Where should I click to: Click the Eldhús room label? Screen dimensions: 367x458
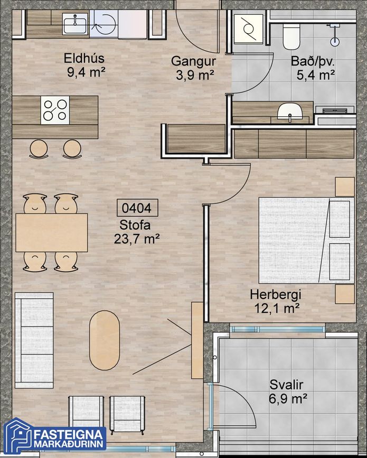84,58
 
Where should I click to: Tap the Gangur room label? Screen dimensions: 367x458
194,62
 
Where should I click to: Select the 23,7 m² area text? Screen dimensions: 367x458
137,239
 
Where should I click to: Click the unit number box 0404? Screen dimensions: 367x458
137,208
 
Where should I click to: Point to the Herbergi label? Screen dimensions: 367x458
275,294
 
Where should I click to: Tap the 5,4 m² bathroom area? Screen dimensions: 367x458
316,76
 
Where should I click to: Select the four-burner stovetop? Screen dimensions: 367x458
55,110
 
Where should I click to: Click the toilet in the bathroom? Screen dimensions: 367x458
291,36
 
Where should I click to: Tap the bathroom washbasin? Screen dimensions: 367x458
289,112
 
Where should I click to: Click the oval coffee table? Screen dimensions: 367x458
104,340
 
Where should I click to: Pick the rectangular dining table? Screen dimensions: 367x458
52,232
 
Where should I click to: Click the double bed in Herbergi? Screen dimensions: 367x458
307,240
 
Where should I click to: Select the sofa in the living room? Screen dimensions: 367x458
34,340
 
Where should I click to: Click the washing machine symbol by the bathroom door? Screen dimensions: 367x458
249,29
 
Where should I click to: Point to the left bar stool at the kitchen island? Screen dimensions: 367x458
39,149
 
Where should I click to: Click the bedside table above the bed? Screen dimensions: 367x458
345,186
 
